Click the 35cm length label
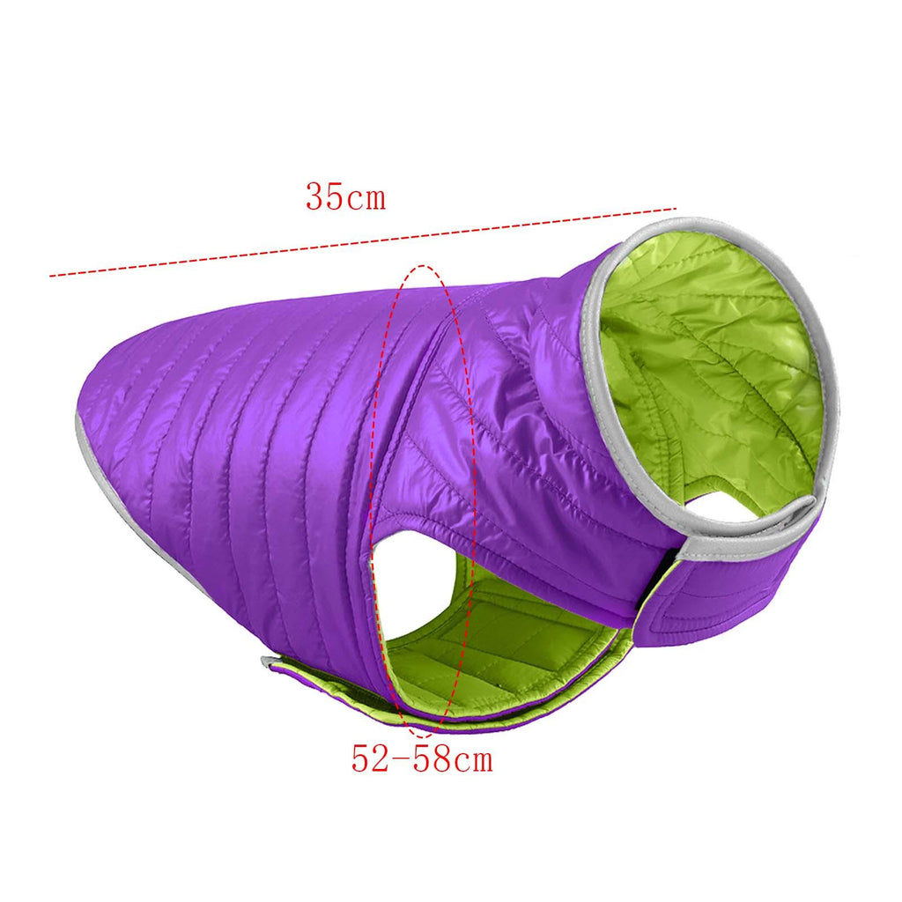(x=345, y=196)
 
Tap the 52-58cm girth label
(x=422, y=758)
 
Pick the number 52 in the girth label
(x=371, y=758)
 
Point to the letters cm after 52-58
(x=473, y=760)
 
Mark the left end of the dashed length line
(x=50, y=277)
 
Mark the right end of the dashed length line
(x=676, y=209)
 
